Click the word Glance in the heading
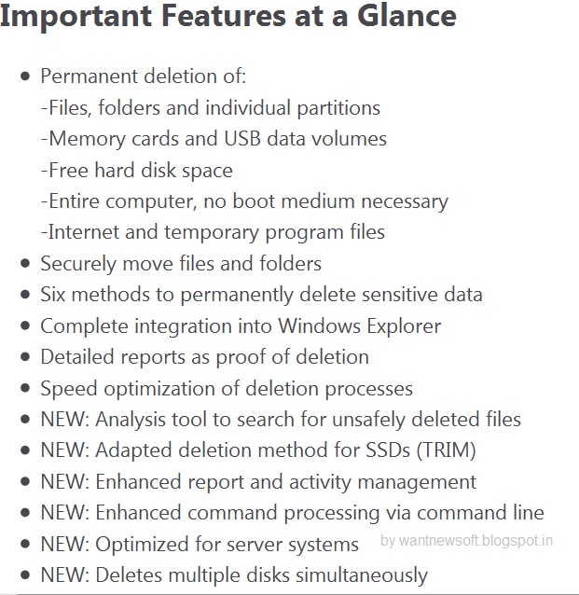pyautogui.click(x=407, y=16)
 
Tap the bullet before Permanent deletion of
pyautogui.click(x=25, y=76)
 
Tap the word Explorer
pyautogui.click(x=404, y=326)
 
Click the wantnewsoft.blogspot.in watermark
pyautogui.click(x=466, y=540)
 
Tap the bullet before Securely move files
pyautogui.click(x=25, y=264)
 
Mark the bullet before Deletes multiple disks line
pyautogui.click(x=25, y=575)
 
